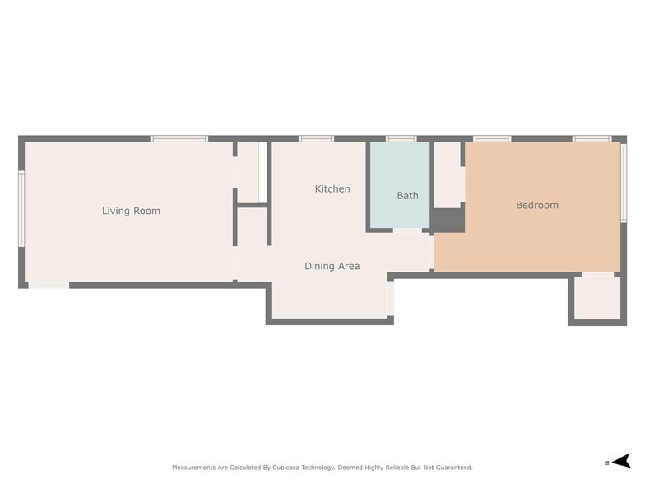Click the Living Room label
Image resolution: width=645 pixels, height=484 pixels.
pos(131,211)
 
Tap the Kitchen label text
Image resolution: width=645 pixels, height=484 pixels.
pos(332,189)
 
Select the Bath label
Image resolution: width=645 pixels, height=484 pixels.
pos(407,196)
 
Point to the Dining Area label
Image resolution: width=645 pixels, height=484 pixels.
pos(332,266)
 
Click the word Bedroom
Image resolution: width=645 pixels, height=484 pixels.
pos(536,205)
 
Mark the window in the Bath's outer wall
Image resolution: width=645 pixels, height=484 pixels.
pos(401,139)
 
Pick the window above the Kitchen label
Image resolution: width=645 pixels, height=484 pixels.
pos(316,139)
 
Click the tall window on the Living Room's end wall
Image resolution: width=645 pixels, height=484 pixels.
pos(21,208)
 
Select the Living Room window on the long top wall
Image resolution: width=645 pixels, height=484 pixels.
pos(179,139)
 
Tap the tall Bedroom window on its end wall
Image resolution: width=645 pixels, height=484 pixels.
pos(624,183)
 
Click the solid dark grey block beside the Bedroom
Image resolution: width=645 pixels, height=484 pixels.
pos(448,220)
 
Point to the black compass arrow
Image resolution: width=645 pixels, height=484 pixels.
pos(622,461)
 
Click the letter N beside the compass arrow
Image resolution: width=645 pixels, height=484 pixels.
pos(606,462)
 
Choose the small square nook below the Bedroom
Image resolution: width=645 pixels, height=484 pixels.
pos(596,297)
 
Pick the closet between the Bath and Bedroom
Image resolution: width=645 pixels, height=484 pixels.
pos(448,175)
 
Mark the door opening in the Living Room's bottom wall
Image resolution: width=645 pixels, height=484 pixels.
pos(49,285)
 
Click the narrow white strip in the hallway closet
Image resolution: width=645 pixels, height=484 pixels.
pos(262,171)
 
